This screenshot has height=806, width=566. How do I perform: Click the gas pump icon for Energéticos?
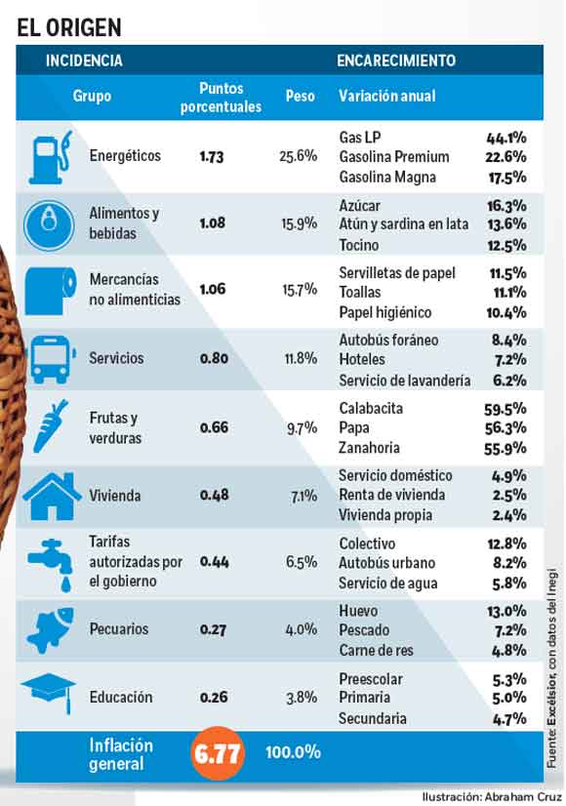[x=50, y=157]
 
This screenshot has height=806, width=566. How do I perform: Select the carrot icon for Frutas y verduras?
[x=50, y=426]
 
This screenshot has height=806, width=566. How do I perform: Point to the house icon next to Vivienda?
[x=52, y=496]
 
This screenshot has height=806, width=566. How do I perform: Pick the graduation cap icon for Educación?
[x=49, y=694]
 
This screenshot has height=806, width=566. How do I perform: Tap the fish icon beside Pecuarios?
[x=50, y=630]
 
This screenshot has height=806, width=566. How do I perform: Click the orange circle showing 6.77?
[x=217, y=753]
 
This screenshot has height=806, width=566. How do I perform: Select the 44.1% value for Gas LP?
[x=506, y=138]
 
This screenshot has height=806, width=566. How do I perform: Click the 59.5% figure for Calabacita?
[x=505, y=409]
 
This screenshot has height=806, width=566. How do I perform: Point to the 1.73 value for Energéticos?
[x=212, y=157]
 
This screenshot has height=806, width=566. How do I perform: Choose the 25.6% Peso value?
[x=299, y=156]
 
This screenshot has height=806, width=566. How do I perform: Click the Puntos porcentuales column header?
[x=221, y=98]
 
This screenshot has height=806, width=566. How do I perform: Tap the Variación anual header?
[x=386, y=96]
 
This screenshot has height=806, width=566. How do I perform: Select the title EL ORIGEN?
[x=69, y=27]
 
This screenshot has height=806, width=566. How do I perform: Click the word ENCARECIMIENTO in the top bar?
[x=396, y=60]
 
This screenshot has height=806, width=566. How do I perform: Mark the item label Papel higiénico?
[x=385, y=312]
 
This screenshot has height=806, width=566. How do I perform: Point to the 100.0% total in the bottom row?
[x=293, y=752]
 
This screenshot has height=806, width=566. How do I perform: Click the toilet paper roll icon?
[x=51, y=291]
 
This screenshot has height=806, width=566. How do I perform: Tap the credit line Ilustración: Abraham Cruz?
[x=492, y=797]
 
